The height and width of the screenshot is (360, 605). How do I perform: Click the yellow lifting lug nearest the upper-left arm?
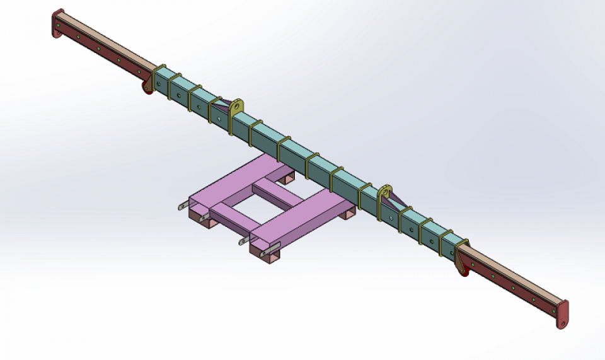(236, 106)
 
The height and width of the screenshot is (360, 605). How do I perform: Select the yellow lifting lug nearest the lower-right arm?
(385, 191)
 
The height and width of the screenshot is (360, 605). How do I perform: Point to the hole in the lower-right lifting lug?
(385, 190)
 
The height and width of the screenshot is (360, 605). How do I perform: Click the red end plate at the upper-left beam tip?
(57, 24)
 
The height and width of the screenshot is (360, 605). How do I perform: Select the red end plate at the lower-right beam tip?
(562, 313)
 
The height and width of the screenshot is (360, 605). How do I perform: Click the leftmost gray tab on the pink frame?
(182, 206)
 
